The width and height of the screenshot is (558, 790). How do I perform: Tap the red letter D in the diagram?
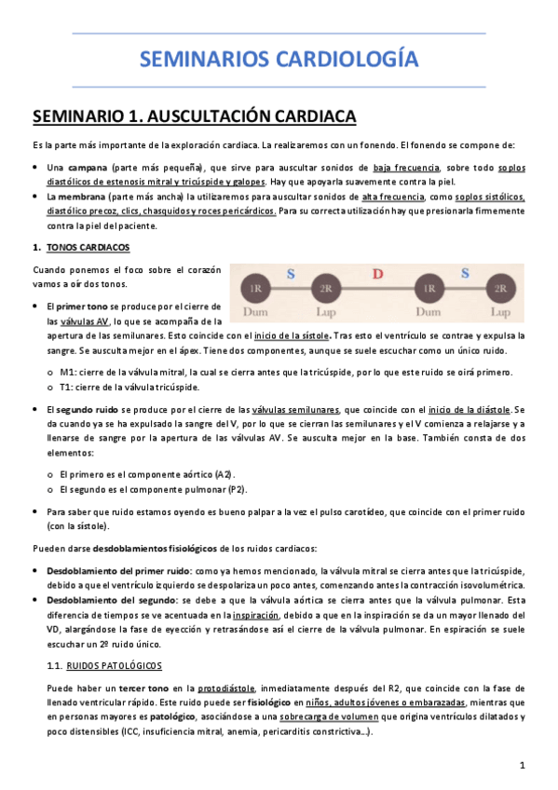tap(377, 274)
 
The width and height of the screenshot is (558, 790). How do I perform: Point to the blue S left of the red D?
tap(291, 274)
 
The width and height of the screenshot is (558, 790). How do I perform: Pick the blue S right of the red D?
tap(463, 274)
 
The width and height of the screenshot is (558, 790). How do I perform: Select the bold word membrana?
tap(79, 197)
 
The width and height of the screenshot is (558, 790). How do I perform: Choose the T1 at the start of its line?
tap(66, 387)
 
